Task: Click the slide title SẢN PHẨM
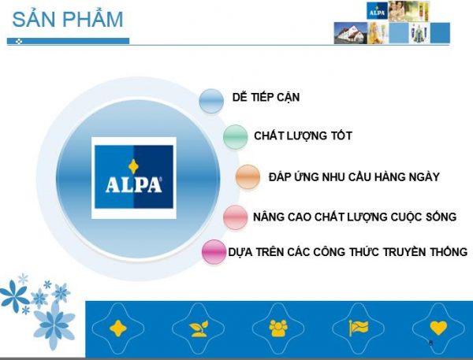[68, 19]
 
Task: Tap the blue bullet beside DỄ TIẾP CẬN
[211, 101]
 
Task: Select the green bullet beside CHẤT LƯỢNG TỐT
[235, 136]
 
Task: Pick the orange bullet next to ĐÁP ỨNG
[248, 177]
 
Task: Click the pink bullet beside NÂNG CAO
[235, 217]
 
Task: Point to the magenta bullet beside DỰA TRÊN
[214, 252]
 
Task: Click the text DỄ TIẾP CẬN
[266, 97]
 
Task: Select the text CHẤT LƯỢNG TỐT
[303, 135]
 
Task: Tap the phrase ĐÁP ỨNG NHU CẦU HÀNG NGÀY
[354, 176]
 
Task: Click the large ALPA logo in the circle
[134, 177]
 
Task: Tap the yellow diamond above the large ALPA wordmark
[133, 167]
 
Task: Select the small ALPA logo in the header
[377, 11]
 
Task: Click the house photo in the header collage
[351, 33]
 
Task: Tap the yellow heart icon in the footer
[438, 328]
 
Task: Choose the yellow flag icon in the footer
[359, 328]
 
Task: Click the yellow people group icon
[278, 328]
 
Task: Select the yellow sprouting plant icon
[199, 328]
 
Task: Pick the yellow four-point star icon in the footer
[118, 328]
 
